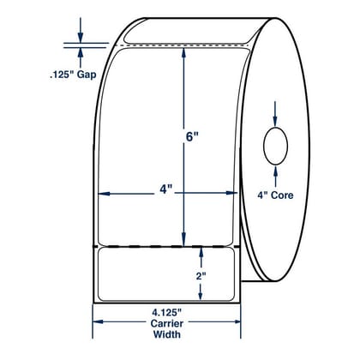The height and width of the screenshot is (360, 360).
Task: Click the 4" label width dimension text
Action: [166, 189]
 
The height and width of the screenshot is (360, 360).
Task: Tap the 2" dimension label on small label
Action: [201, 276]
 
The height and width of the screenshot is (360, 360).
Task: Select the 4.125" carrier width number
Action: [167, 313]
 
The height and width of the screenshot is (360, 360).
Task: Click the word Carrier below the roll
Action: [167, 323]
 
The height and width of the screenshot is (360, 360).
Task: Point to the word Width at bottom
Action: [167, 334]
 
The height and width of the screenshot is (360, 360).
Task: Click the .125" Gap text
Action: [73, 75]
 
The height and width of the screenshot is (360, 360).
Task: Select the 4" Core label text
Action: [275, 195]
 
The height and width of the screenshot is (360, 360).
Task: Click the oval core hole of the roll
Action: [275, 147]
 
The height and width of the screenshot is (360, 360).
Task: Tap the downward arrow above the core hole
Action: [275, 114]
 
